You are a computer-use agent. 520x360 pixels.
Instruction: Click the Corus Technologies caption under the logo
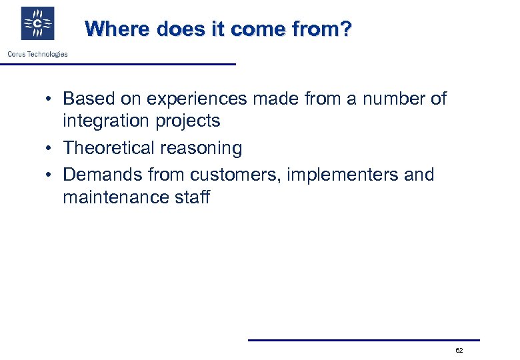[x=37, y=54]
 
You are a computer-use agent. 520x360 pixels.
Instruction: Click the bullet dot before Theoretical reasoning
[x=50, y=149]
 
